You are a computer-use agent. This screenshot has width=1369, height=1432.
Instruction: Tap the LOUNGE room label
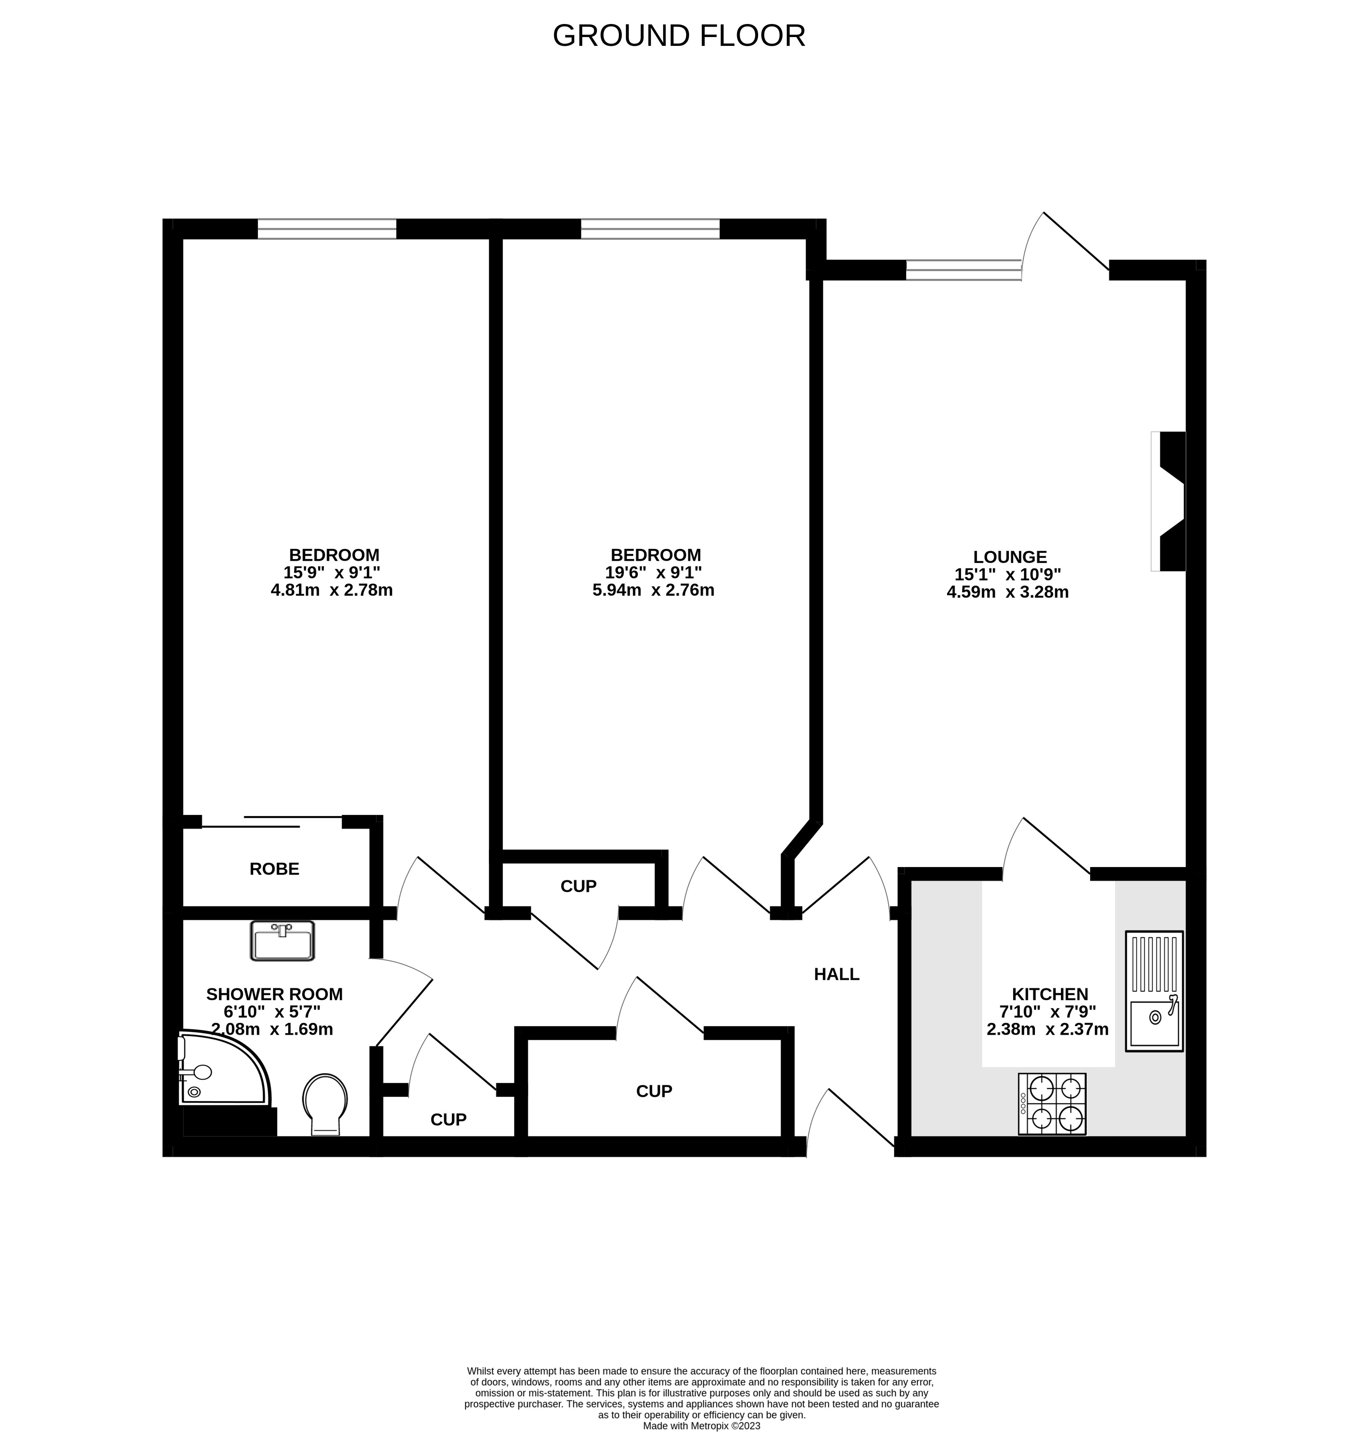click(1009, 557)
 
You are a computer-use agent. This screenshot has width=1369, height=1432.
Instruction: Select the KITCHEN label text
click(1049, 994)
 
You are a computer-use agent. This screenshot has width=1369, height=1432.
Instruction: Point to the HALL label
click(836, 974)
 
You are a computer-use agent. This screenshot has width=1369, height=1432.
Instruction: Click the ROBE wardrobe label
click(274, 869)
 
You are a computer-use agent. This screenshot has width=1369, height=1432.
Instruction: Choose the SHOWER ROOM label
click(274, 994)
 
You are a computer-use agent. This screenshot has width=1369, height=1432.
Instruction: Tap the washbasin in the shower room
click(282, 940)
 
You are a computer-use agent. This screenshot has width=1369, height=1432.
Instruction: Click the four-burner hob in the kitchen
click(1051, 1103)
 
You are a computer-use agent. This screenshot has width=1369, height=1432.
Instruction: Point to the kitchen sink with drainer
click(1154, 991)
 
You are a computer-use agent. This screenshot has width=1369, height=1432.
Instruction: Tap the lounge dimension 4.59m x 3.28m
click(1007, 592)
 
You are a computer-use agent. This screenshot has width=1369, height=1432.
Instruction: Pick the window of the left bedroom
click(327, 229)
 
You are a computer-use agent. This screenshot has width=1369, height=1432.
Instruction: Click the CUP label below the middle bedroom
click(578, 886)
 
